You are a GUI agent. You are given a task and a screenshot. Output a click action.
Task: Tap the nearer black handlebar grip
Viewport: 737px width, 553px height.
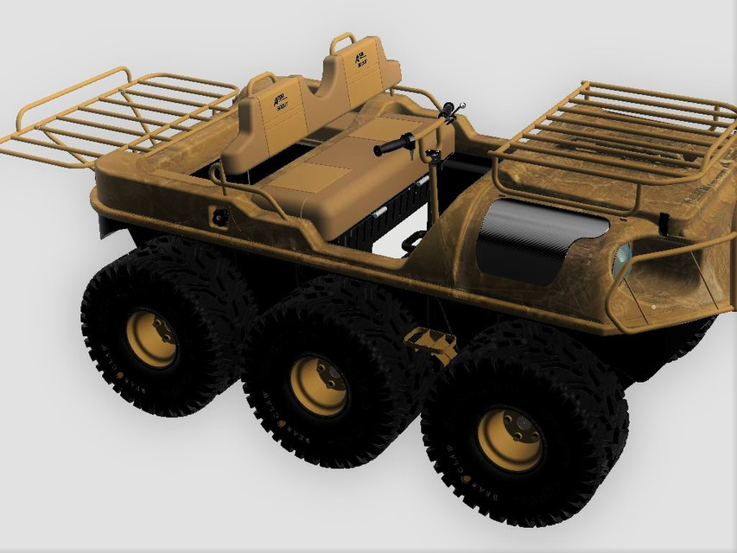coord(391,146)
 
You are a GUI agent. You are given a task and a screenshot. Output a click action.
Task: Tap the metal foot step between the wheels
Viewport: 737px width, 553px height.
coord(429,342)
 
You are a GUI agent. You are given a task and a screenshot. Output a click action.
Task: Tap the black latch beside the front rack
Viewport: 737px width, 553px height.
coord(664,222)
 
